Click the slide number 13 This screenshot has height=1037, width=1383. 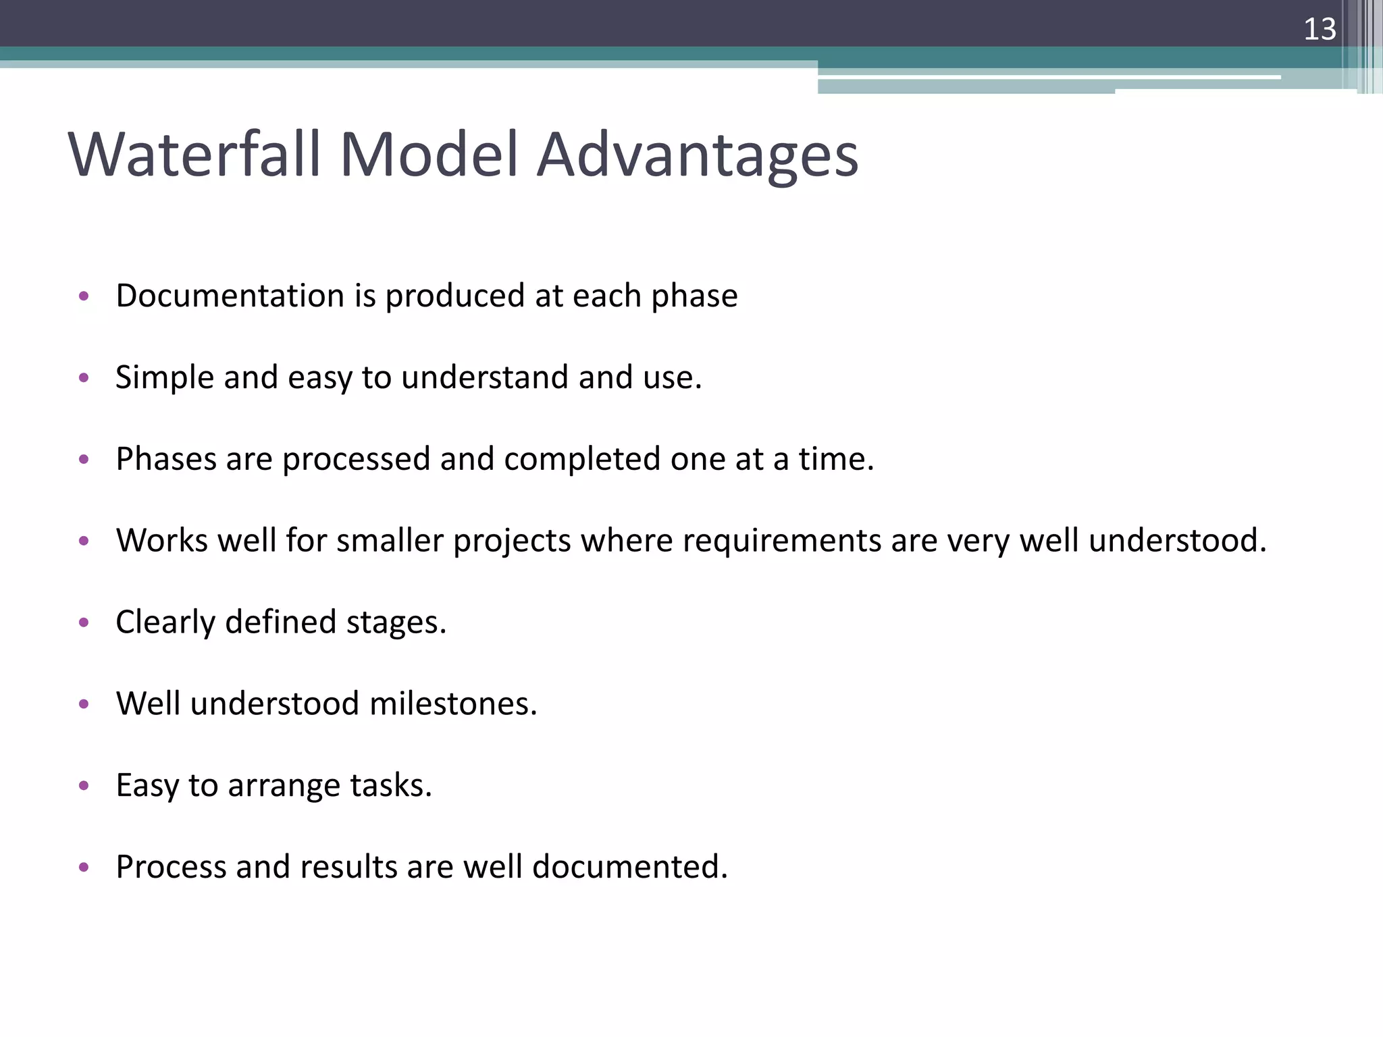click(x=1320, y=29)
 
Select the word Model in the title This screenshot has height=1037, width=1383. click(x=428, y=155)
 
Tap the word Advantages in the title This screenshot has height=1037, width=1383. click(x=697, y=156)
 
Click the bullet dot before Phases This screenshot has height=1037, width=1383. click(x=84, y=460)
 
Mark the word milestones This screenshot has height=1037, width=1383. click(x=453, y=704)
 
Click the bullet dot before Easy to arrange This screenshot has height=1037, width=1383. click(x=84, y=785)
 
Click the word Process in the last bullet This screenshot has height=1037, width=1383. click(x=171, y=867)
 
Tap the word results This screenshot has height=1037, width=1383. click(x=348, y=867)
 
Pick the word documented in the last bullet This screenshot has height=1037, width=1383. click(x=629, y=867)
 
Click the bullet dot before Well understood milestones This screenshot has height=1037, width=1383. click(x=84, y=704)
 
